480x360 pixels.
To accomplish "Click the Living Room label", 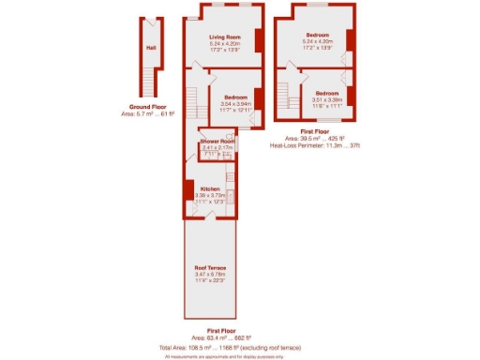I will click(224, 37).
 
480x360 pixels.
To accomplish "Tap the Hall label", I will click(150, 49).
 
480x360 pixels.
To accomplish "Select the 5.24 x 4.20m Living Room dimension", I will click(224, 43).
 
